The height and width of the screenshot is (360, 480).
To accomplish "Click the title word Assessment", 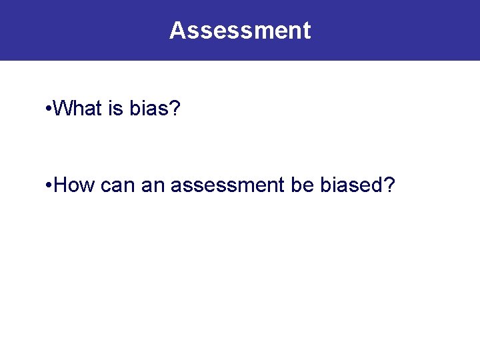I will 240,31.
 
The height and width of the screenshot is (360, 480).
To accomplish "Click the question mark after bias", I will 175,108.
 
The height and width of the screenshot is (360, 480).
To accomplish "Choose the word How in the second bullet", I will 75,184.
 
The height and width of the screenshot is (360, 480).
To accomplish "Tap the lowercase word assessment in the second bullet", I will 228,185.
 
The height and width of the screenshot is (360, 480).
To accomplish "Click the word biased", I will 351,184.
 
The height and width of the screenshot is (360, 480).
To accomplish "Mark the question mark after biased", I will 389,184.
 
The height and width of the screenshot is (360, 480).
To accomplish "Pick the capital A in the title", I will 177,31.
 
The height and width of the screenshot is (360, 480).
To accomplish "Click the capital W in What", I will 63,108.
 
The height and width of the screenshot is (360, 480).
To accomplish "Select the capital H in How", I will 61,184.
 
